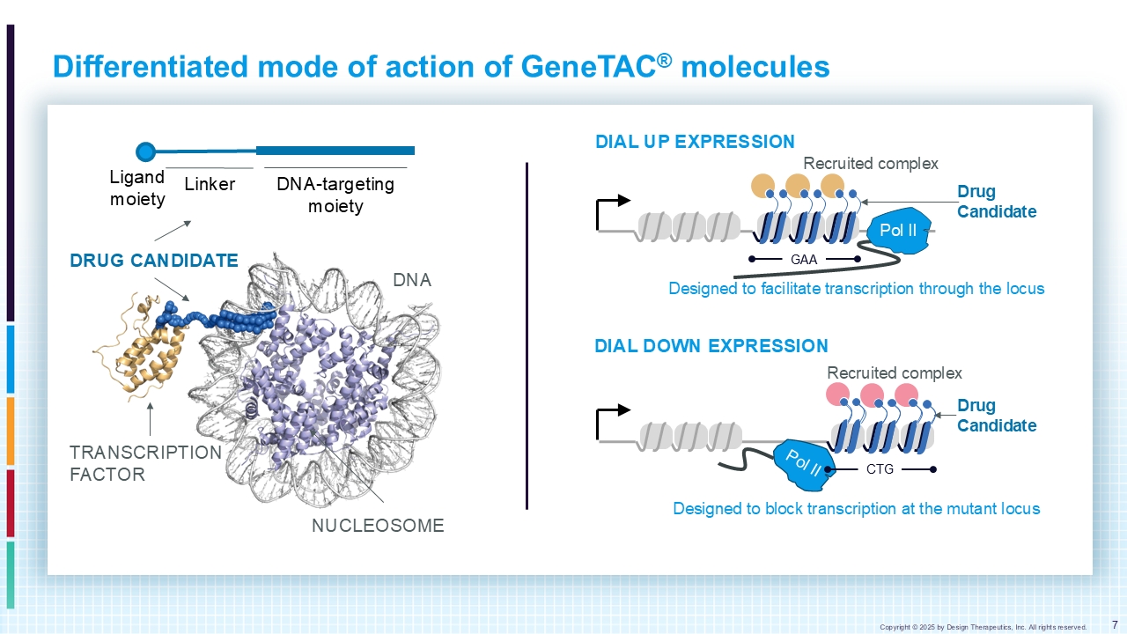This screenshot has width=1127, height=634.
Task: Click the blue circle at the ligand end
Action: pyautogui.click(x=146, y=151)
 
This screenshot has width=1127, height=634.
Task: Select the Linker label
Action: pyautogui.click(x=210, y=184)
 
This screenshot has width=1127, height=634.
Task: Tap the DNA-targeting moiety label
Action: pyautogui.click(x=335, y=195)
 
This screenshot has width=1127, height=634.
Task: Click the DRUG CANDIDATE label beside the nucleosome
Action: pyautogui.click(x=154, y=261)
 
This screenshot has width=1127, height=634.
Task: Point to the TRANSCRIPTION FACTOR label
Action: pyautogui.click(x=145, y=463)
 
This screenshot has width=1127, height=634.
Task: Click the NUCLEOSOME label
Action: pyautogui.click(x=378, y=526)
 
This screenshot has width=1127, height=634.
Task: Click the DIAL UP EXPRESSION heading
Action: pyautogui.click(x=695, y=142)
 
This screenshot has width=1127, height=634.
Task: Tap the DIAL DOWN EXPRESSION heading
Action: pyautogui.click(x=711, y=346)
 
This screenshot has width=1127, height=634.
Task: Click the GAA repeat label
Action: pyautogui.click(x=804, y=260)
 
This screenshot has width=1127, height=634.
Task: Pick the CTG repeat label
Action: pyautogui.click(x=880, y=469)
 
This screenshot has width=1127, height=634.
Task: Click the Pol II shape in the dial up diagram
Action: pyautogui.click(x=899, y=231)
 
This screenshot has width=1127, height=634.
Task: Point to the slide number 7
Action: pyautogui.click(x=1115, y=625)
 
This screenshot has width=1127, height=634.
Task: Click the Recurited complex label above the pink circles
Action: pyautogui.click(x=895, y=373)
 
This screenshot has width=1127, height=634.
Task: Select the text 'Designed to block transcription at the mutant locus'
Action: pyautogui.click(x=857, y=509)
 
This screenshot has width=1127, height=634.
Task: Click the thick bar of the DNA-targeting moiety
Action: pyautogui.click(x=335, y=151)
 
